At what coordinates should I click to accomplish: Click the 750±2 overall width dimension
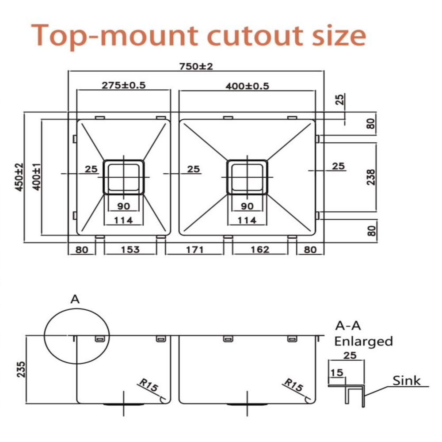[196, 67]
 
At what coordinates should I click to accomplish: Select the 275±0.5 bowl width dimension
[123, 85]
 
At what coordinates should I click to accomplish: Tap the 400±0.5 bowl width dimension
[247, 86]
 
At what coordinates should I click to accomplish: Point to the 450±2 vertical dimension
[19, 177]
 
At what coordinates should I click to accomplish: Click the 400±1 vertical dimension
[37, 177]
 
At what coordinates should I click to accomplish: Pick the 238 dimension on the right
[371, 177]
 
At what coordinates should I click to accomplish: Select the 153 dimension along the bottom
[130, 249]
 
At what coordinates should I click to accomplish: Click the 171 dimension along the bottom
[195, 249]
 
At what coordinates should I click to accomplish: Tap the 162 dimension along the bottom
[260, 249]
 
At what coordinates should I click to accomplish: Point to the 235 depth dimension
[21, 369]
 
